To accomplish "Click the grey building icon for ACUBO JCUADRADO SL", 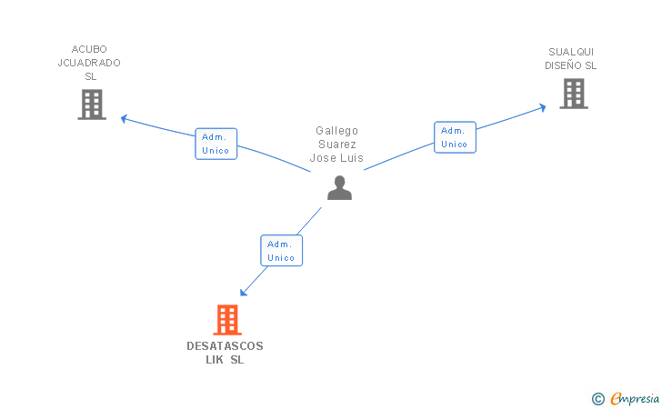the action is [92, 105].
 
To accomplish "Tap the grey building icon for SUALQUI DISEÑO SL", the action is [573, 93].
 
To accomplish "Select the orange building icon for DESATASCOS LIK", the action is [227, 320].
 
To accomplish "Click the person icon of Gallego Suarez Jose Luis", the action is [339, 188].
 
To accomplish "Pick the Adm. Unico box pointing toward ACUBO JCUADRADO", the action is [216, 144].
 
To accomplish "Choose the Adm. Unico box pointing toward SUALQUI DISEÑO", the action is [455, 137].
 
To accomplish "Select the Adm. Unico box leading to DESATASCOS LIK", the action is [281, 251].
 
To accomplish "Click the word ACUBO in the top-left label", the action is [89, 49].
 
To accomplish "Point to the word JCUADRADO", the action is [89, 63].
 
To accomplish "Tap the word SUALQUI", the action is [571, 52].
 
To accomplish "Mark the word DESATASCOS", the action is [225, 346].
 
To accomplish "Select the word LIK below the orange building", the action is [216, 360].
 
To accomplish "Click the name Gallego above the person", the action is [337, 131].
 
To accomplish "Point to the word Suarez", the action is [337, 144].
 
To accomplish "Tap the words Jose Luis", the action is [336, 157].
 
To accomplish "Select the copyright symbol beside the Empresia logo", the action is [597, 398].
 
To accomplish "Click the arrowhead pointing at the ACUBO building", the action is [123, 117].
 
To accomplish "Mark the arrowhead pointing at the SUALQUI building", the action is [543, 107].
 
